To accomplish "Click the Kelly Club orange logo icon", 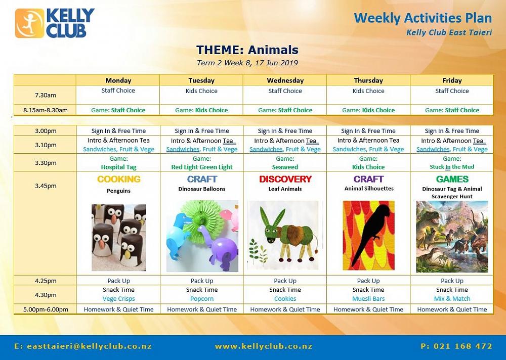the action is [29, 23].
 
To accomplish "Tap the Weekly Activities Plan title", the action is [423, 18].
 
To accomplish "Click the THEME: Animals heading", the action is [247, 50].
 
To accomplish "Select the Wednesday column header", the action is [285, 80].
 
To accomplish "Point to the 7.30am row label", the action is [46, 95].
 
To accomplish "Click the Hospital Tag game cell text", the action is [118, 167].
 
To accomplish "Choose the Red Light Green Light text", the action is [202, 167].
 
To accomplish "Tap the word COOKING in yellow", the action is [119, 179].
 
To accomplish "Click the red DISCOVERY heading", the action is [285, 179].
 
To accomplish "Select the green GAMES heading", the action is [452, 179].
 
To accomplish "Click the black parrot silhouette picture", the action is [368, 236].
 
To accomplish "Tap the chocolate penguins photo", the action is [118, 238].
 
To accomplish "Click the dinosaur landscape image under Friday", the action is [452, 237].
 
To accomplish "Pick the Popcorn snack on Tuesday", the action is [202, 299].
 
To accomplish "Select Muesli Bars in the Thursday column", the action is [368, 299].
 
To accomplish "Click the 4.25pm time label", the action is [46, 281].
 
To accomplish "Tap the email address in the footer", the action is [83, 347].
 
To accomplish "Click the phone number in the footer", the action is [456, 346].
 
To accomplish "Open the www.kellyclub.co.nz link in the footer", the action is [263, 347].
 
